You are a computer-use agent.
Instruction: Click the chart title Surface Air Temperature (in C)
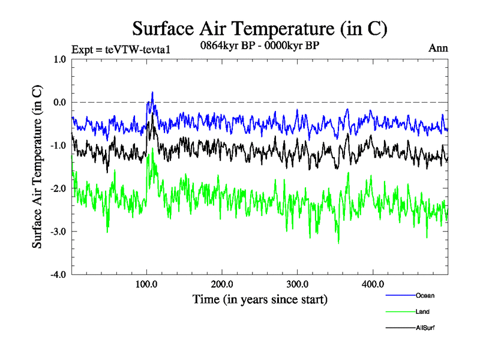259,28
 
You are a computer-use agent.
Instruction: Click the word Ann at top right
438,49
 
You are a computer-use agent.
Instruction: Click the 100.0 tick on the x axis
147,284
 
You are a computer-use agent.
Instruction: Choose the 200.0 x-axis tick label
222,284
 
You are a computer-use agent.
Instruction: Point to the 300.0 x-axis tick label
298,284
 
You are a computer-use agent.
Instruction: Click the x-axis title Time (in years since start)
260,298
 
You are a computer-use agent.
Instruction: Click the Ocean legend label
424,295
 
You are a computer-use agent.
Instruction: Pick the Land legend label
422,311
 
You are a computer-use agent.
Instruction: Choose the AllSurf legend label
424,328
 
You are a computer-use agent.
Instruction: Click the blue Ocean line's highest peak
152,92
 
